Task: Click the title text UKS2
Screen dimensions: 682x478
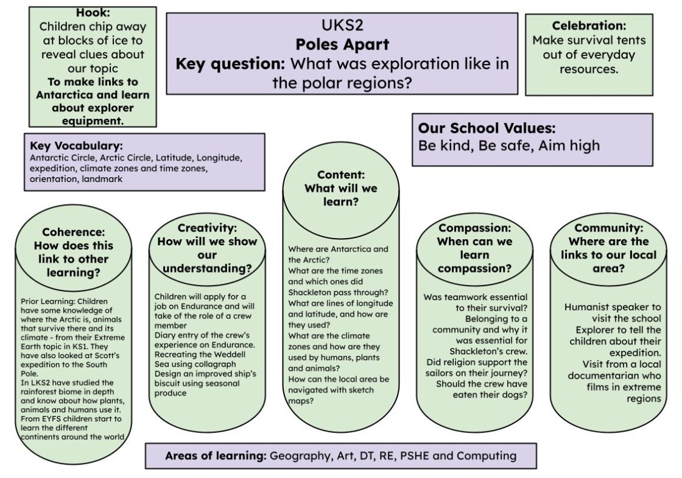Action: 342,25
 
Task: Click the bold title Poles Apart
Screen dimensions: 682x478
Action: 342,44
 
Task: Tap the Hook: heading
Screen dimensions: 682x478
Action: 93,13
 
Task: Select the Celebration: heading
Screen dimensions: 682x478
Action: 589,26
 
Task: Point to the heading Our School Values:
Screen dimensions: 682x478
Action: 487,128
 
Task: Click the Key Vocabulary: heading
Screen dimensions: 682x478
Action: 76,146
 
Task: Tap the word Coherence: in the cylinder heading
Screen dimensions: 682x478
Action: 74,232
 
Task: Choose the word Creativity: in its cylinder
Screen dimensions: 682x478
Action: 207,228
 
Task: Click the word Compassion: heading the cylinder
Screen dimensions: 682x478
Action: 474,228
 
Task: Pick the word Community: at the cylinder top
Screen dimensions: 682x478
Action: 608,228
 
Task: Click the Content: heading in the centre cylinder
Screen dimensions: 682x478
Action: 341,175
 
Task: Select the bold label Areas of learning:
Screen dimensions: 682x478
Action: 216,456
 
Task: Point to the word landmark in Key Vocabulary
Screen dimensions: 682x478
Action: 102,179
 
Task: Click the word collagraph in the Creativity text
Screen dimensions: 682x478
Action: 215,364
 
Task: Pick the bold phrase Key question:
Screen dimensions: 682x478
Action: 230,63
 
